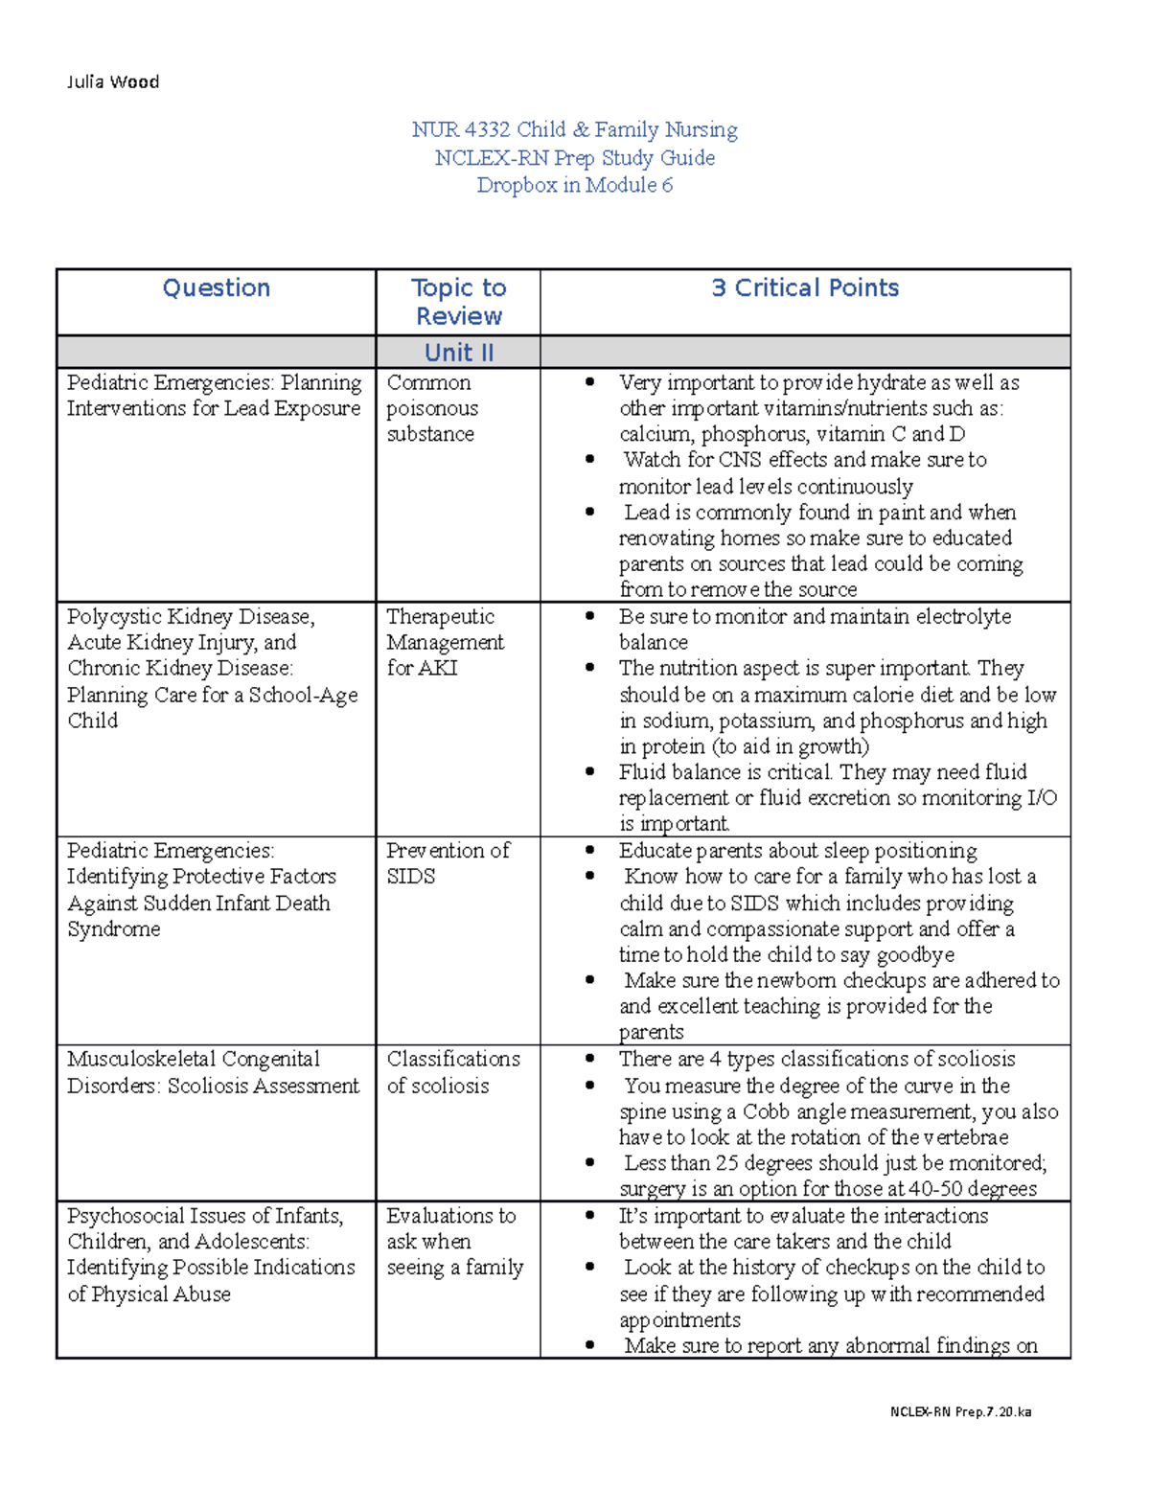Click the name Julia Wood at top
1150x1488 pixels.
(x=113, y=82)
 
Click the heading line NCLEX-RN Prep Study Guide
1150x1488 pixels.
(x=574, y=158)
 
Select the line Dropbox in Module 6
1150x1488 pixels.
(x=574, y=186)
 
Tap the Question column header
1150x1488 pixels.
(x=216, y=288)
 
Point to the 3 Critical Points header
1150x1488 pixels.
(x=804, y=288)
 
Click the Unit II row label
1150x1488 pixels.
(x=458, y=353)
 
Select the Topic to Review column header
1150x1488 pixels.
(x=458, y=302)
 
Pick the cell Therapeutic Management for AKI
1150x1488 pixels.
(x=444, y=642)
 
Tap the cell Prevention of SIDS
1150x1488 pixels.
(x=447, y=863)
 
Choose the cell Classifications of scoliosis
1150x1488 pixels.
(x=452, y=1072)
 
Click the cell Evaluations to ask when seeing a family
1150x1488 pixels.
(x=454, y=1242)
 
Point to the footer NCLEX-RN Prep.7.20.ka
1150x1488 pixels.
(x=959, y=1411)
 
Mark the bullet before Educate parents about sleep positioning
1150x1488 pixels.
(x=590, y=851)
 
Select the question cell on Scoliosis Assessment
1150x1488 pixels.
(x=213, y=1072)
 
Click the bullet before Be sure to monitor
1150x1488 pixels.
(x=590, y=617)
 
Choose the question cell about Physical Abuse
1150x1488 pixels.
(x=210, y=1254)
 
